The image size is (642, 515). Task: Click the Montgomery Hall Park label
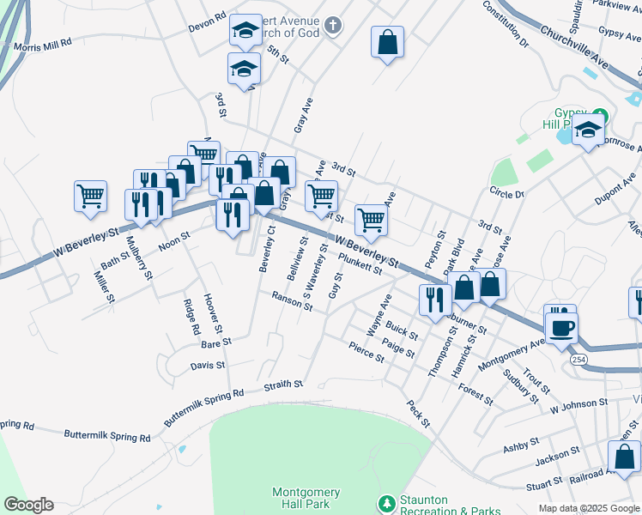pyautogui.click(x=306, y=498)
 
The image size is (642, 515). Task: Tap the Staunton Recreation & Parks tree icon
pyautogui.click(x=386, y=502)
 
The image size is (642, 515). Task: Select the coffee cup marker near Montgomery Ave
pyautogui.click(x=561, y=327)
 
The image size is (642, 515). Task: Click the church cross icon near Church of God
pyautogui.click(x=333, y=26)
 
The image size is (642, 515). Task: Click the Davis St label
pyautogui.click(x=208, y=366)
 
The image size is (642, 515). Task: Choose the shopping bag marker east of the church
pyautogui.click(x=387, y=42)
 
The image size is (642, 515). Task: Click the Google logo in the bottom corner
pyautogui.click(x=27, y=505)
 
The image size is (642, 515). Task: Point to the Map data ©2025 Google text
pyautogui.click(x=589, y=508)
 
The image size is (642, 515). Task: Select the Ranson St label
pyautogui.click(x=292, y=301)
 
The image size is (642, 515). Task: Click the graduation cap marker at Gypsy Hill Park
pyautogui.click(x=588, y=131)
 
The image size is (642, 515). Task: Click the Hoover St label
pyautogui.click(x=214, y=314)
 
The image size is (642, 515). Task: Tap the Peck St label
pyautogui.click(x=419, y=415)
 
